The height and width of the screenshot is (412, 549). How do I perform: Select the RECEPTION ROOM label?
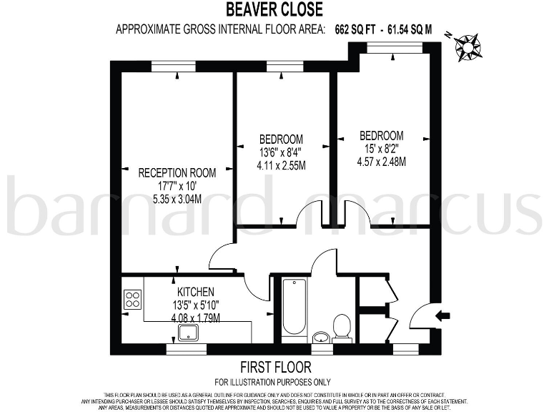pyautogui.click(x=177, y=172)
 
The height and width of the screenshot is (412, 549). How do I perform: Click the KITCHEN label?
pyautogui.click(x=196, y=292)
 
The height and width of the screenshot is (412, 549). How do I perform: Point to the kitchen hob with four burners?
pyautogui.click(x=132, y=299)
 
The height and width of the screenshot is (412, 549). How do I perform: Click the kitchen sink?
pyautogui.click(x=189, y=331)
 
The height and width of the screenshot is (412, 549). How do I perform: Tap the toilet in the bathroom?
pyautogui.click(x=342, y=328)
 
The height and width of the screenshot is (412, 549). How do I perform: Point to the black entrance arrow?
pyautogui.click(x=444, y=315)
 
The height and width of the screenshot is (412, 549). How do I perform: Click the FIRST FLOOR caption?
pyautogui.click(x=275, y=368)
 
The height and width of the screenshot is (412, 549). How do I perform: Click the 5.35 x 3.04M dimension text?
pyautogui.click(x=177, y=199)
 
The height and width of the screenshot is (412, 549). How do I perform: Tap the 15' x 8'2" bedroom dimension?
pyautogui.click(x=381, y=149)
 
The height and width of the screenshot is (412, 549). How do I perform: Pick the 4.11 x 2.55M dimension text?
pyautogui.click(x=281, y=165)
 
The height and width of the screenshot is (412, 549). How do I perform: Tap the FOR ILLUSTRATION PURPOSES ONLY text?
pyautogui.click(x=275, y=381)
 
